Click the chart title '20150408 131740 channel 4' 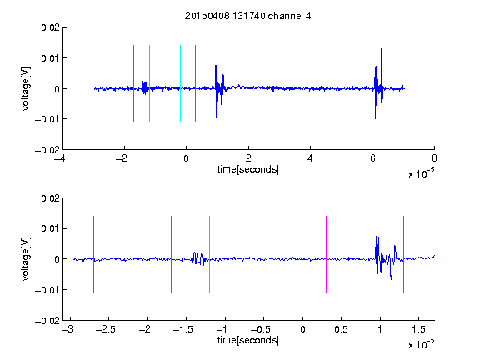click(247, 16)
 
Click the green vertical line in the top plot click(149, 83)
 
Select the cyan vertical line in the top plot click(180, 83)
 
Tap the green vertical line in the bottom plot click(209, 254)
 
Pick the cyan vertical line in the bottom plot click(287, 254)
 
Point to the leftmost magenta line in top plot click(102, 83)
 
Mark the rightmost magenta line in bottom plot click(403, 254)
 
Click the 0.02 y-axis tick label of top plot click(51, 27)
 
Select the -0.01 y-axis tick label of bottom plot click(47, 290)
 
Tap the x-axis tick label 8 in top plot click(434, 158)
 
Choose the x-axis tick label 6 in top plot click(372, 158)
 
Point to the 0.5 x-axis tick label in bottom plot click(341, 329)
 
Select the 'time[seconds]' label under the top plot click(248, 169)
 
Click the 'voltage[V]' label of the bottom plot click(26, 259)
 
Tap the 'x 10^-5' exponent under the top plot click(421, 173)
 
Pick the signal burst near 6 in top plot click(379, 83)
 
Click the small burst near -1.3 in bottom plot click(198, 258)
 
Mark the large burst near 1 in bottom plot click(387, 262)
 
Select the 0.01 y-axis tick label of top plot click(51, 58)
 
